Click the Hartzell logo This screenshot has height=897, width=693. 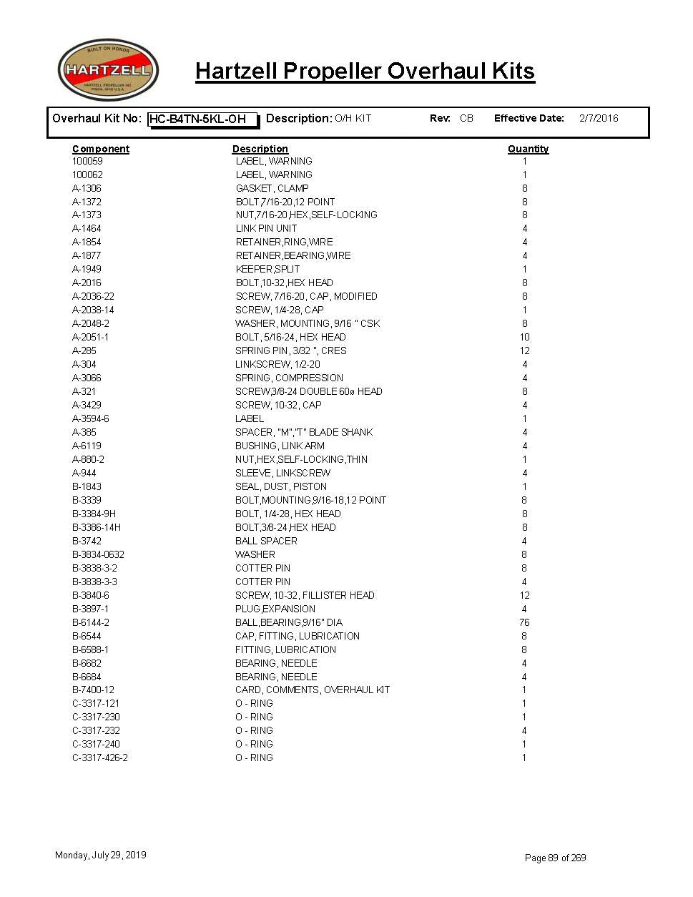108,70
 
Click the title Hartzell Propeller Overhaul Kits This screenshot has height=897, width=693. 365,72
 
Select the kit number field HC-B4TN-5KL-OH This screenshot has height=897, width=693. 202,119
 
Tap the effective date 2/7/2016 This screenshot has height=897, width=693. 599,119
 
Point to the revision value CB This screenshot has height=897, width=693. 466,119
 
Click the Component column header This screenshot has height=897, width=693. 101,149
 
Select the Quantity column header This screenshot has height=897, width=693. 528,149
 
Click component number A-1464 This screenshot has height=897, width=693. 87,229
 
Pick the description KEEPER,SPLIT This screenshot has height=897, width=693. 267,270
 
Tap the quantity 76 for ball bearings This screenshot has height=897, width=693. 524,623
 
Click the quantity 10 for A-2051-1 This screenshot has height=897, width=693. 524,338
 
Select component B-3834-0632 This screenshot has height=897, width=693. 98,555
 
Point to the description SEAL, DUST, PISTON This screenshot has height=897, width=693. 281,487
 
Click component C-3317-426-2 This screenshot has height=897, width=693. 100,758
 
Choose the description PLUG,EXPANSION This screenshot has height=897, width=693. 275,609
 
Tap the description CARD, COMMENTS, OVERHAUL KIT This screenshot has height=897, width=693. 313,690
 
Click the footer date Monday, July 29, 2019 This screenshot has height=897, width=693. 101,856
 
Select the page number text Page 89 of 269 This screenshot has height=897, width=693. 556,858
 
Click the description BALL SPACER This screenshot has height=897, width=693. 266,541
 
